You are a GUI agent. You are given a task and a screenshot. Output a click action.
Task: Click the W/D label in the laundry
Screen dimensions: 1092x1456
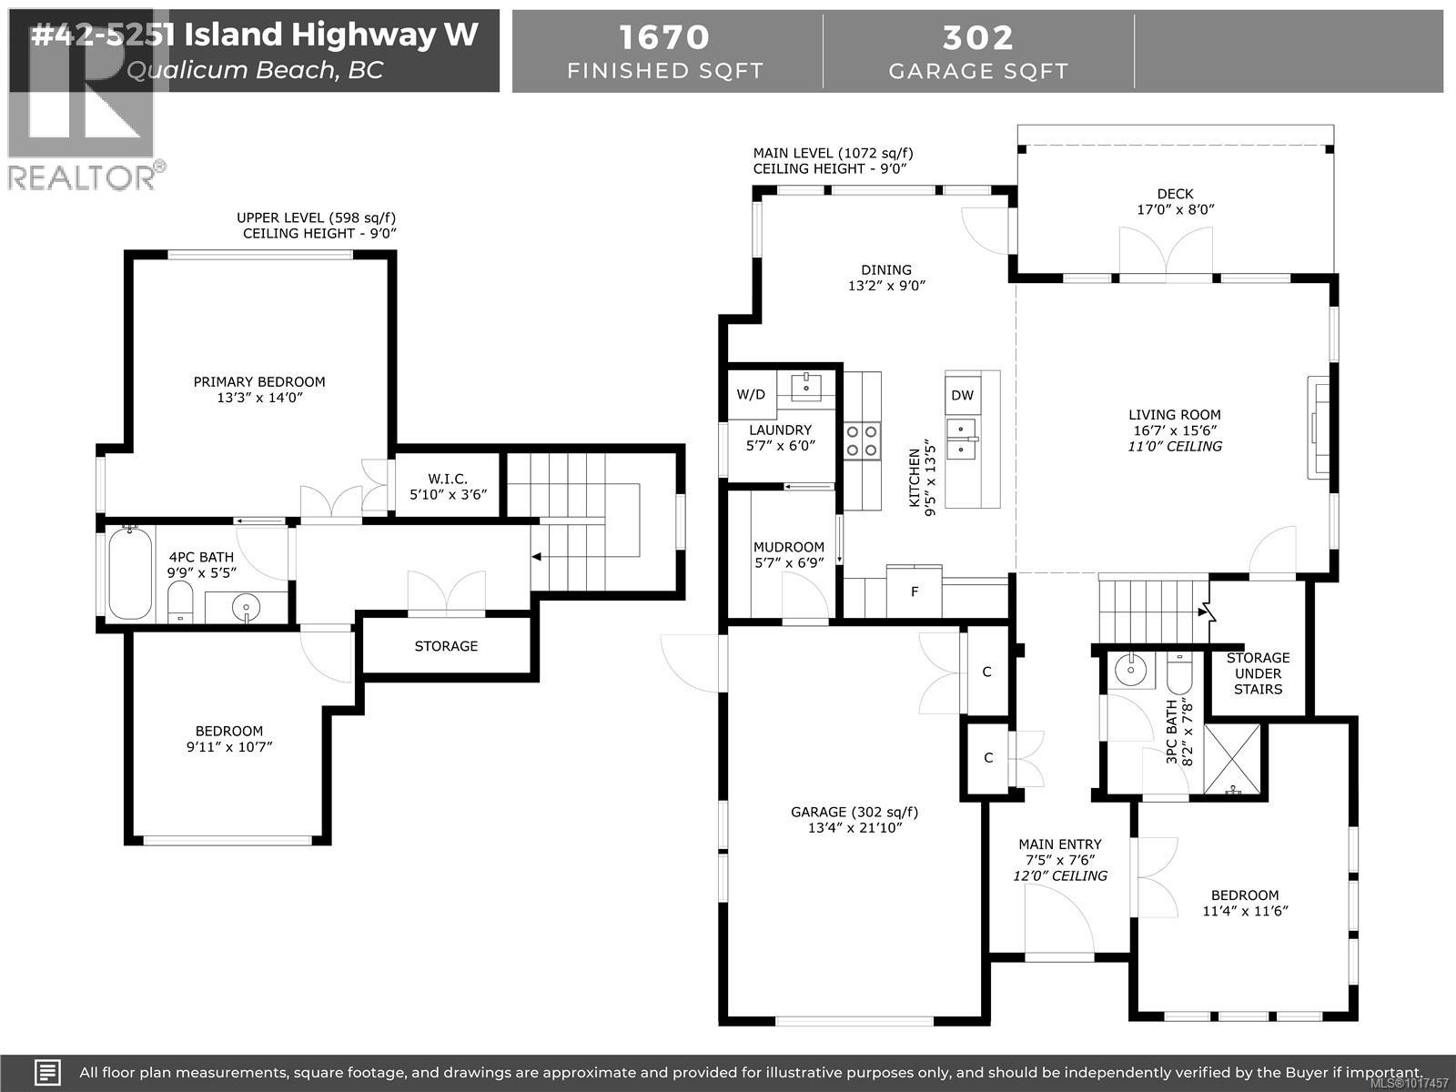[751, 394]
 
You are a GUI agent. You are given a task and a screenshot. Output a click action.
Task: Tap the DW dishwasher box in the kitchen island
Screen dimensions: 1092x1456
[962, 395]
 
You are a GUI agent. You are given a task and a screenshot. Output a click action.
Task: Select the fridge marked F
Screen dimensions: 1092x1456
[915, 591]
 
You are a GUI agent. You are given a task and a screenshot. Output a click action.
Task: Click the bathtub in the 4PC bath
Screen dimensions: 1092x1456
[129, 573]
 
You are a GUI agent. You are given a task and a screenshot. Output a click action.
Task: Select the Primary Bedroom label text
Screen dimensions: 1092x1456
[259, 381]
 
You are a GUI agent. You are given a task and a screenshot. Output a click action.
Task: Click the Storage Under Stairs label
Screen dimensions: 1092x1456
[1258, 673]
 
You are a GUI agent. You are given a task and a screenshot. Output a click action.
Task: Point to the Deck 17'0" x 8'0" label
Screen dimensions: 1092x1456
[1175, 201]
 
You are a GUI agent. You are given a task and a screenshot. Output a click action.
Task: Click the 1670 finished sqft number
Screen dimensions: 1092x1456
[664, 37]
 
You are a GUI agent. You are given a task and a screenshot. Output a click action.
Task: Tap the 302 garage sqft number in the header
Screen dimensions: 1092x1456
[977, 37]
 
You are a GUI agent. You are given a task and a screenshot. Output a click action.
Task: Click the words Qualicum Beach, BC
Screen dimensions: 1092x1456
[255, 69]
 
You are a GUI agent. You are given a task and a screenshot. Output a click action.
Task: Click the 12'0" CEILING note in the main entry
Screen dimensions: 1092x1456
[1060, 875]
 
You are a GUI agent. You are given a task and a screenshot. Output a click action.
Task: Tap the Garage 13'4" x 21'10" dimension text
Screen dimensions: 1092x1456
[854, 828]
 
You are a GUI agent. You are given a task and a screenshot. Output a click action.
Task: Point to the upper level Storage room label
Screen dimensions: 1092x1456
[446, 646]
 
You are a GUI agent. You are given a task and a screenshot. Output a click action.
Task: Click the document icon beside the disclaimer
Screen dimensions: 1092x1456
[48, 1072]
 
